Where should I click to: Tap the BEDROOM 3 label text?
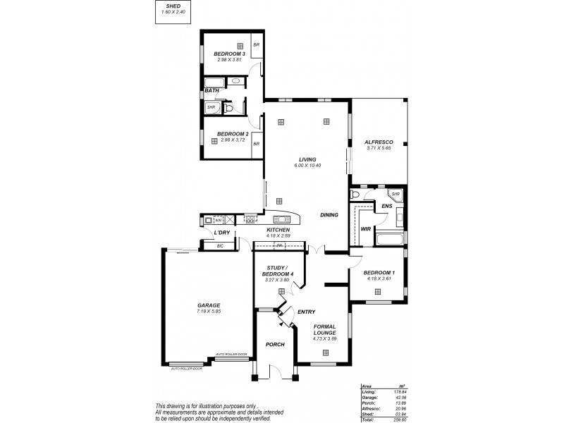(x=230, y=54)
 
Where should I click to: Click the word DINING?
(x=329, y=215)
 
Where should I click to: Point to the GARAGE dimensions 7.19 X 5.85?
(x=209, y=311)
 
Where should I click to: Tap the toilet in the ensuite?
(x=355, y=194)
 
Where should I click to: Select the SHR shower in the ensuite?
(x=396, y=195)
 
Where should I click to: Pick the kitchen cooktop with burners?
(x=250, y=219)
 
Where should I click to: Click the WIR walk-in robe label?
(x=365, y=229)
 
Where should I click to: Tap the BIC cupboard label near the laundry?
(x=220, y=245)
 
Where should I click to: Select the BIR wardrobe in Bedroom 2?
(x=257, y=143)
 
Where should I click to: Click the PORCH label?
(x=274, y=345)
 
